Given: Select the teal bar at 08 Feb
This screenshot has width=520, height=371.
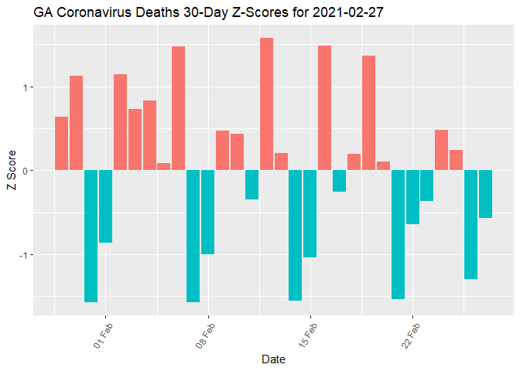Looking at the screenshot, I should click(x=207, y=212).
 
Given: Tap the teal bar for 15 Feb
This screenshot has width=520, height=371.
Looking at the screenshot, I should click(x=310, y=213).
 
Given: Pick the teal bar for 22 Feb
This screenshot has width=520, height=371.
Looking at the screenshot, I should click(x=412, y=197).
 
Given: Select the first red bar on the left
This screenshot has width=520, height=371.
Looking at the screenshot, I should click(x=61, y=143).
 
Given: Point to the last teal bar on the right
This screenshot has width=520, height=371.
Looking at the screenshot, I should click(x=485, y=194).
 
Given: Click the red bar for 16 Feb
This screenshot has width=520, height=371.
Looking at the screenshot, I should click(x=324, y=107).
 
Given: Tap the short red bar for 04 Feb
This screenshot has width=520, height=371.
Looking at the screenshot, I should click(x=163, y=166).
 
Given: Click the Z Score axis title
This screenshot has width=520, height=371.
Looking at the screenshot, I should click(x=10, y=171).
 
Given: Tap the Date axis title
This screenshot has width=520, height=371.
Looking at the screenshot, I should click(x=274, y=359).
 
